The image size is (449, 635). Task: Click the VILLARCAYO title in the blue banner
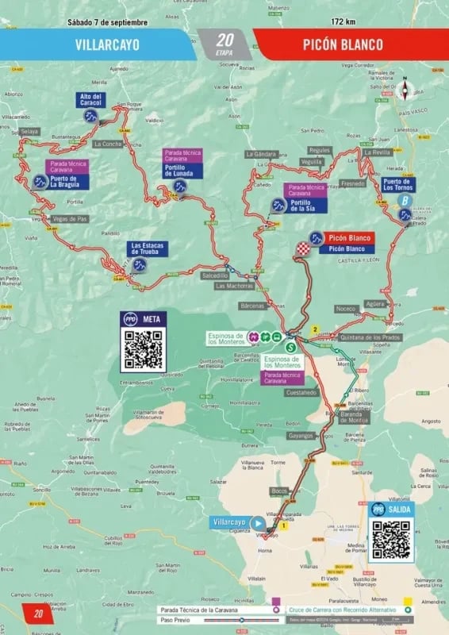coord(107,44)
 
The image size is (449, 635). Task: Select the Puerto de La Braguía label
coord(67,182)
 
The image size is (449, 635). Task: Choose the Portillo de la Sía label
coord(305,207)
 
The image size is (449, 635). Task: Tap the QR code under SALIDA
coord(391,539)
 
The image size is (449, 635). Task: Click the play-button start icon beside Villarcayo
coord(258,523)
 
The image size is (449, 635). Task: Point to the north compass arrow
coord(405,88)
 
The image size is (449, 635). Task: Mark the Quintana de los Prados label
coord(370,337)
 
